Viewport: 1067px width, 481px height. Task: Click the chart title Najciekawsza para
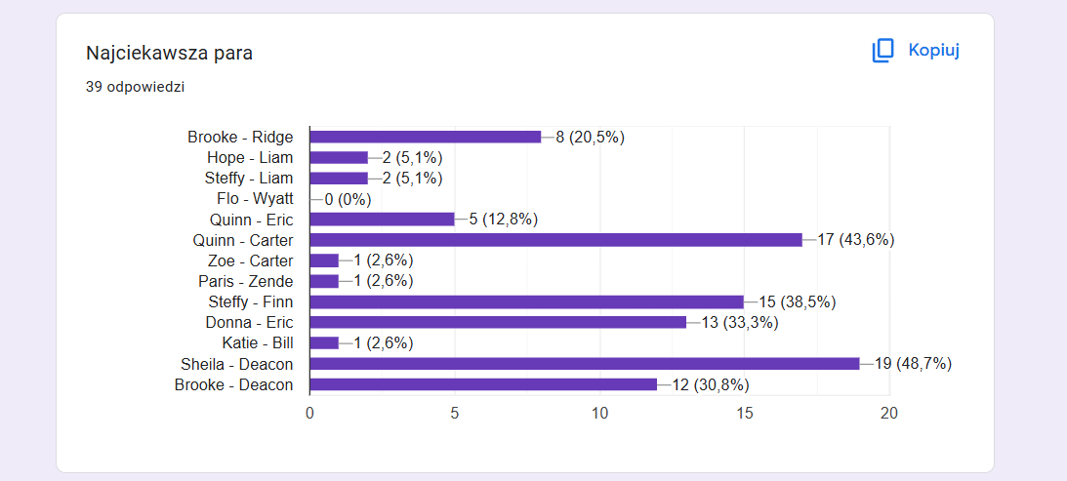(170, 53)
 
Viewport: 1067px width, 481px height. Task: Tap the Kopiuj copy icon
(882, 51)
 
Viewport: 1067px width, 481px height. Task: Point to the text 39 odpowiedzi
(136, 87)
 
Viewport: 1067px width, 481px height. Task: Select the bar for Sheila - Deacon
(585, 364)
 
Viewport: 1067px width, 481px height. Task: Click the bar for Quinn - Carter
(556, 240)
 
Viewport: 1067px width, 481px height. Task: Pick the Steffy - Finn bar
(527, 302)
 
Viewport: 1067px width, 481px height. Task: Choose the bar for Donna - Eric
(498, 323)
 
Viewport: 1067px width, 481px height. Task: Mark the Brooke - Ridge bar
(426, 138)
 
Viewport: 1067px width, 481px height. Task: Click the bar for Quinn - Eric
(382, 220)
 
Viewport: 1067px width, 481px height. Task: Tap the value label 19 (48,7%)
(913, 364)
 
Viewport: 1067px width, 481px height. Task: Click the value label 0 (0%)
(348, 199)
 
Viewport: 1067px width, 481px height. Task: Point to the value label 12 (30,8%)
(711, 385)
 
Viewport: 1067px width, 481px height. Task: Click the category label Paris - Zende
(246, 282)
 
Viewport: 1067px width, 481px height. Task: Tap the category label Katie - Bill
(257, 343)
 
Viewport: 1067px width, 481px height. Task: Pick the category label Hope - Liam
(250, 158)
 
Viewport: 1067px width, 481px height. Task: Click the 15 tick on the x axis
(745, 414)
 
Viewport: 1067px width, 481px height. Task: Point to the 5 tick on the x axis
(455, 414)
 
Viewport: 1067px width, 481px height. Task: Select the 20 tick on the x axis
(889, 414)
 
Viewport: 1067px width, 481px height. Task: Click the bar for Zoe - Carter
(324, 261)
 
